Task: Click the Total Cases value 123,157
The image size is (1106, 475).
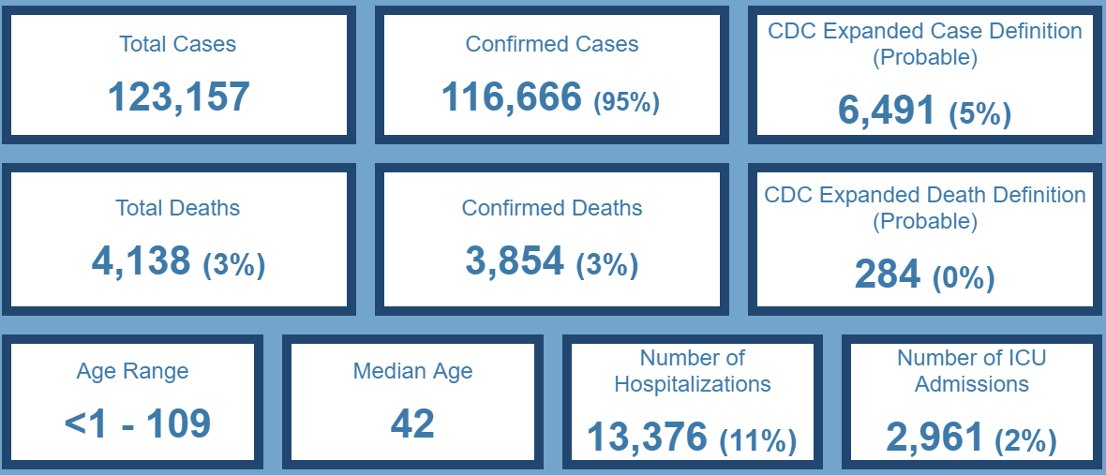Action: click(178, 96)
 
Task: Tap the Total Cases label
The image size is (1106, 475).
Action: click(178, 44)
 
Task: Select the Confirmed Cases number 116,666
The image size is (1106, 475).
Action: click(512, 96)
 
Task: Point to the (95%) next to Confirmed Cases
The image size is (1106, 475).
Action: click(627, 101)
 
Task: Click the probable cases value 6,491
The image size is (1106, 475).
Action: click(886, 111)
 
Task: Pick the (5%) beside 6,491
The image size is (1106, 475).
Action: click(979, 114)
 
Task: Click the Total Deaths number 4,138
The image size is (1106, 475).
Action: click(141, 260)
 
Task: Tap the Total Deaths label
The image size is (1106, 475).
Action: click(178, 208)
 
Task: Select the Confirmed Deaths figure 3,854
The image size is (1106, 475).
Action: click(515, 260)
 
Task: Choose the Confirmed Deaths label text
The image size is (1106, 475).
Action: click(552, 208)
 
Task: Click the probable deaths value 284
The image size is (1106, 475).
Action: click(887, 275)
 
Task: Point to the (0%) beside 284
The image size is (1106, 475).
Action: click(964, 278)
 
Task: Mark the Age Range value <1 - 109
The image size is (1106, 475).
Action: click(138, 423)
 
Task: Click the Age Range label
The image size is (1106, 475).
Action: click(132, 371)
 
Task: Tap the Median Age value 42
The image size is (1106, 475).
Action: click(412, 423)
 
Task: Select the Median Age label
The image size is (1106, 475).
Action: click(412, 371)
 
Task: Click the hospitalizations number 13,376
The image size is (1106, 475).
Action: click(647, 437)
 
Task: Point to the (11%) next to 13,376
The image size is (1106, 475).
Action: click(758, 440)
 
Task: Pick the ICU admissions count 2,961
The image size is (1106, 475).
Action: click(934, 437)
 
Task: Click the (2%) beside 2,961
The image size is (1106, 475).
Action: click(1025, 440)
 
